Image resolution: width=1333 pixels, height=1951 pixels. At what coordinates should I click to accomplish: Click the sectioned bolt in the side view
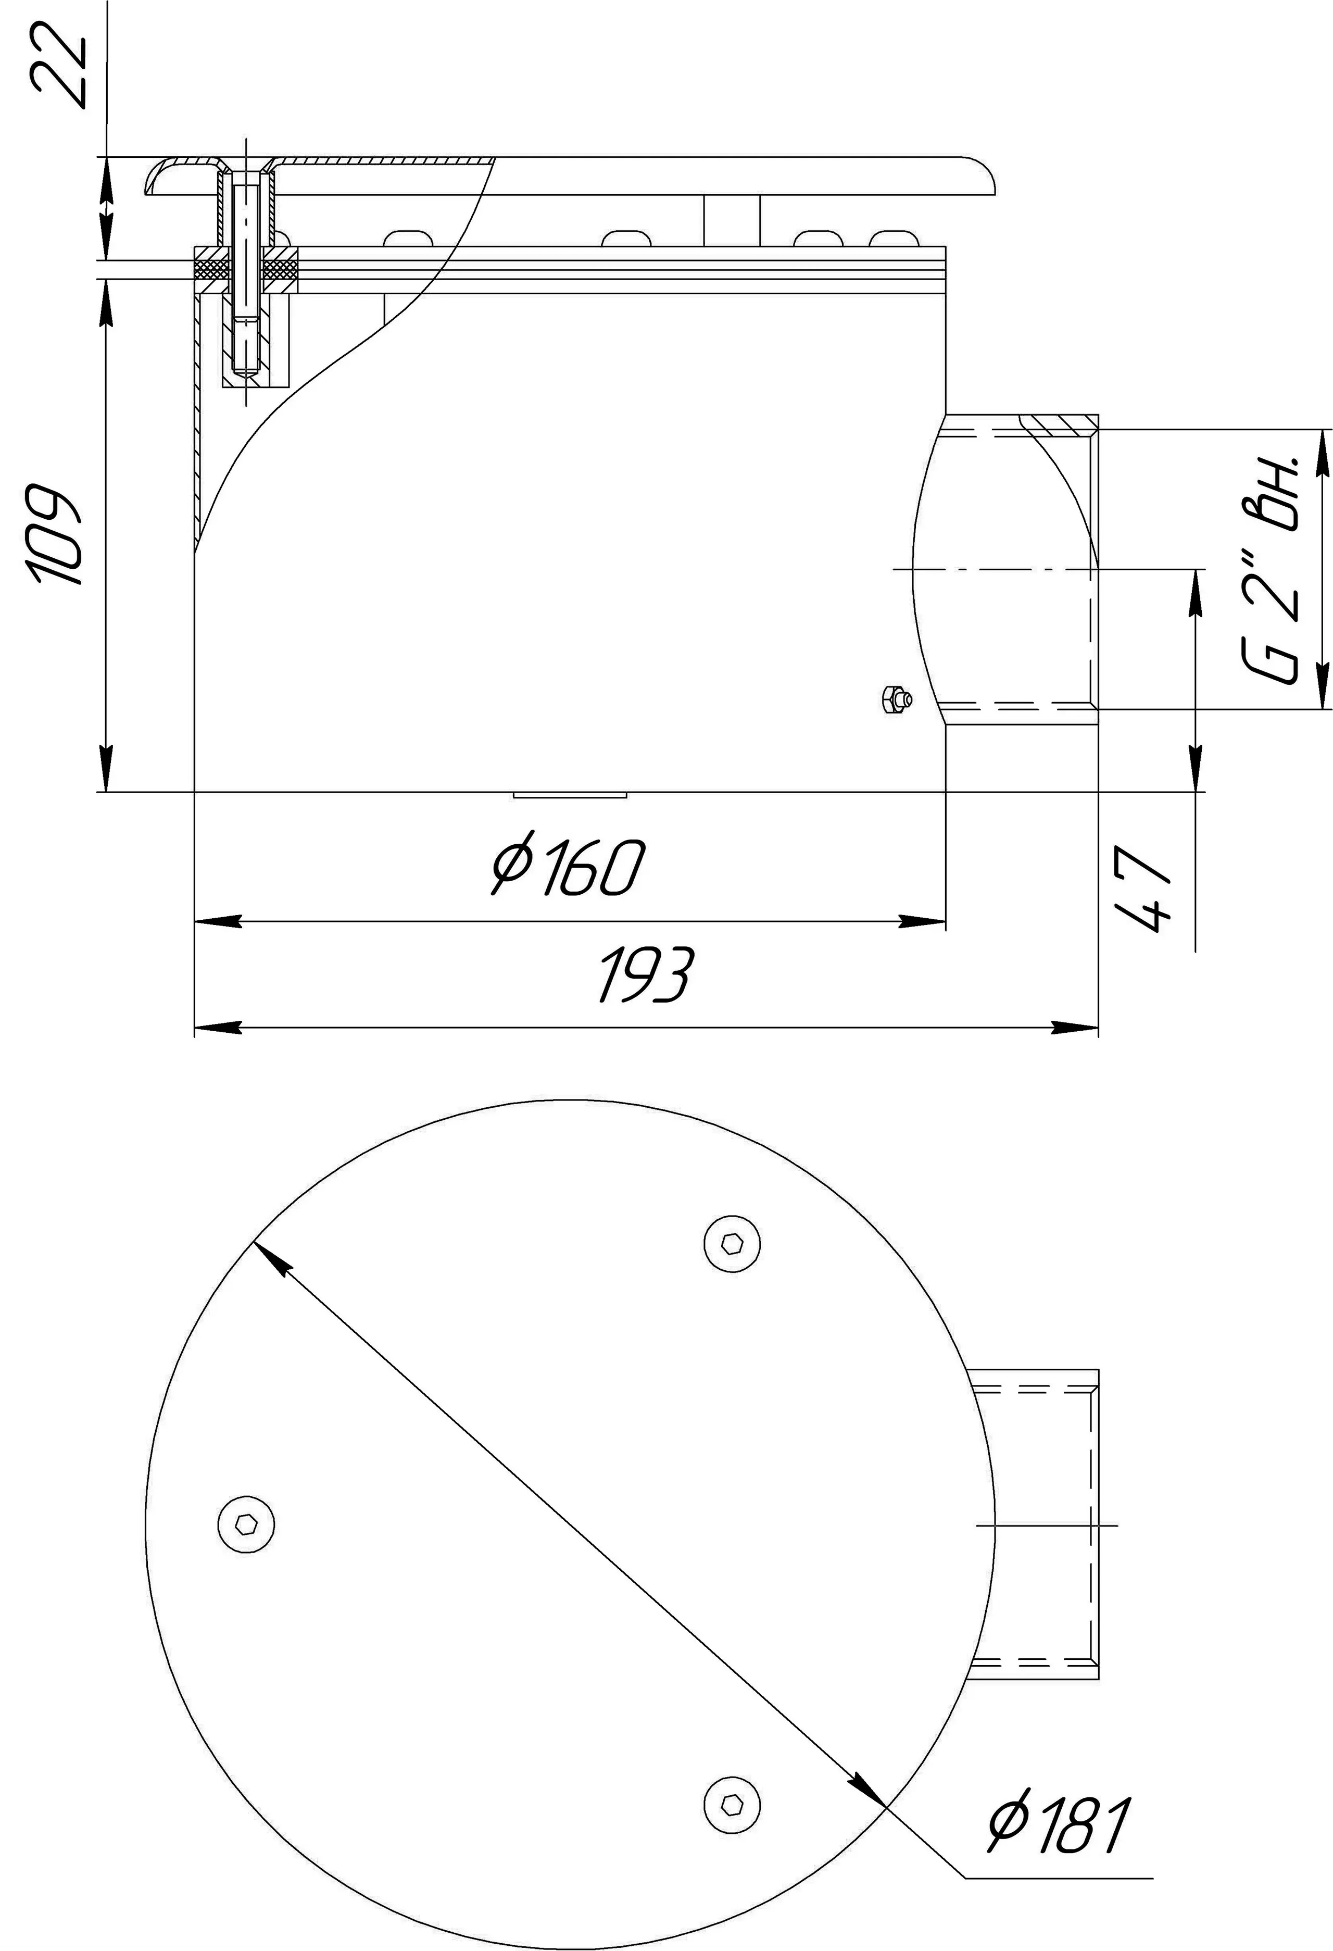[246, 277]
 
